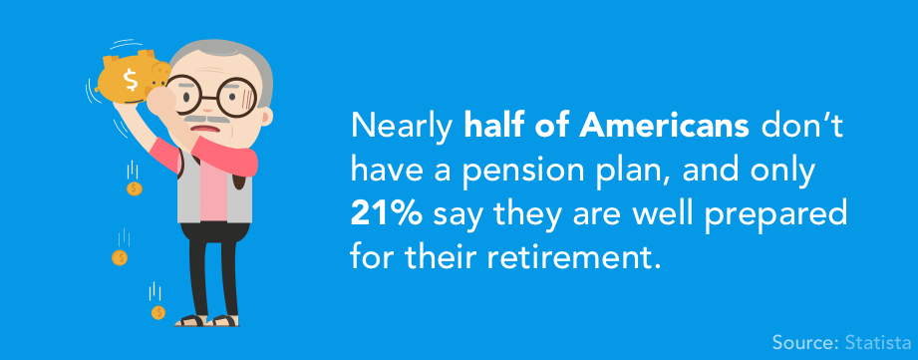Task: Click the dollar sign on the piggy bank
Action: [x=130, y=76]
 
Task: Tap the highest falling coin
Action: [x=134, y=187]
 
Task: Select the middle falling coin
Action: [x=120, y=257]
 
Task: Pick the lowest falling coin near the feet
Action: [x=157, y=312]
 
